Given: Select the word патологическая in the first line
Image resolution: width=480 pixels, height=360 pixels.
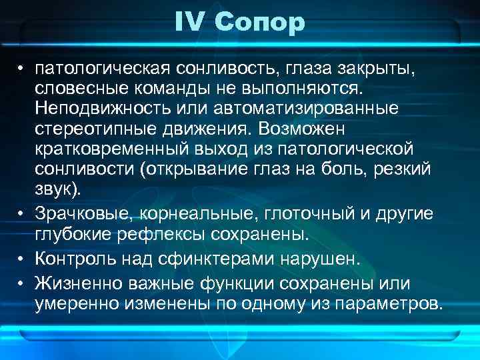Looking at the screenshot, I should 106,69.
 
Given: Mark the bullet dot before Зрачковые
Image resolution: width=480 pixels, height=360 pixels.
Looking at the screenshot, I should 22,214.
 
